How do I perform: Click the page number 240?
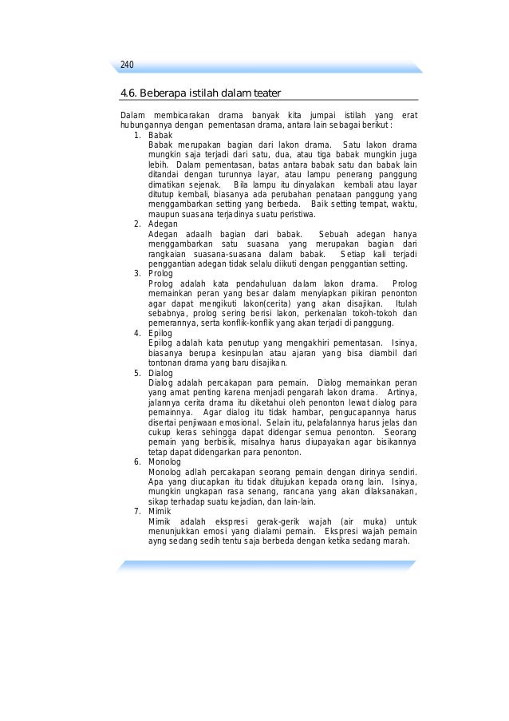(127, 65)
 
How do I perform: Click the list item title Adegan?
(163, 224)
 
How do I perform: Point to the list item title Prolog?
(161, 274)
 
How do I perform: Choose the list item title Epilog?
(160, 333)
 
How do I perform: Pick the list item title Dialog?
(161, 372)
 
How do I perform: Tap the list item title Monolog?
(165, 462)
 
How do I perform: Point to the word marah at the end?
(396, 541)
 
